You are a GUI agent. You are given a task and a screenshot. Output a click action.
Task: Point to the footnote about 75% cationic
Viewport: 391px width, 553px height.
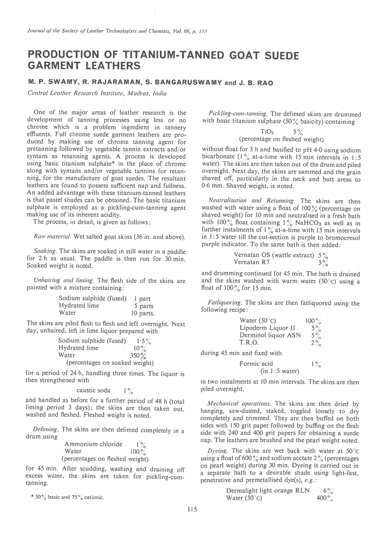click(x=68, y=497)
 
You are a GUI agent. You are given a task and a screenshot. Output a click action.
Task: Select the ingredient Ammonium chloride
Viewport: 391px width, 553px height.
click(x=93, y=444)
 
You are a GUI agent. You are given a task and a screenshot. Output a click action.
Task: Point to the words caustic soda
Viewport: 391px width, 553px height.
click(x=93, y=390)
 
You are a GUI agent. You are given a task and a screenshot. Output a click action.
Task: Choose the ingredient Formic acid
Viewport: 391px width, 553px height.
click(x=256, y=364)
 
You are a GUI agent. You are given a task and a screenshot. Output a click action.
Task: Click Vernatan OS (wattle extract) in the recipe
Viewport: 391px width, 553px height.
click(x=274, y=255)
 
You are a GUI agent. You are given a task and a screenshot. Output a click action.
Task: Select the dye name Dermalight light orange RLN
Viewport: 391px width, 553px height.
click(x=268, y=491)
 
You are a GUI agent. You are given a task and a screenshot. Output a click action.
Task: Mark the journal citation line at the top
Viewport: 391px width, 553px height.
click(x=117, y=32)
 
